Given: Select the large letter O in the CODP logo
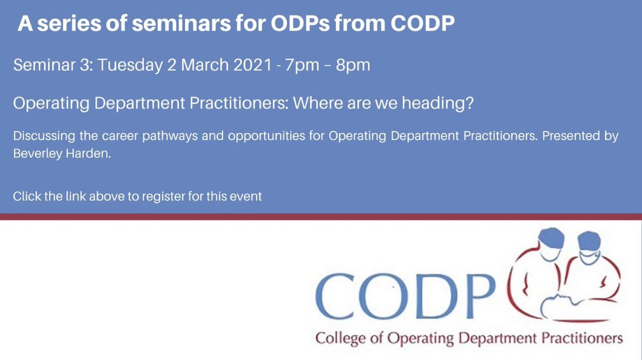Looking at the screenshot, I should point(381,300).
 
